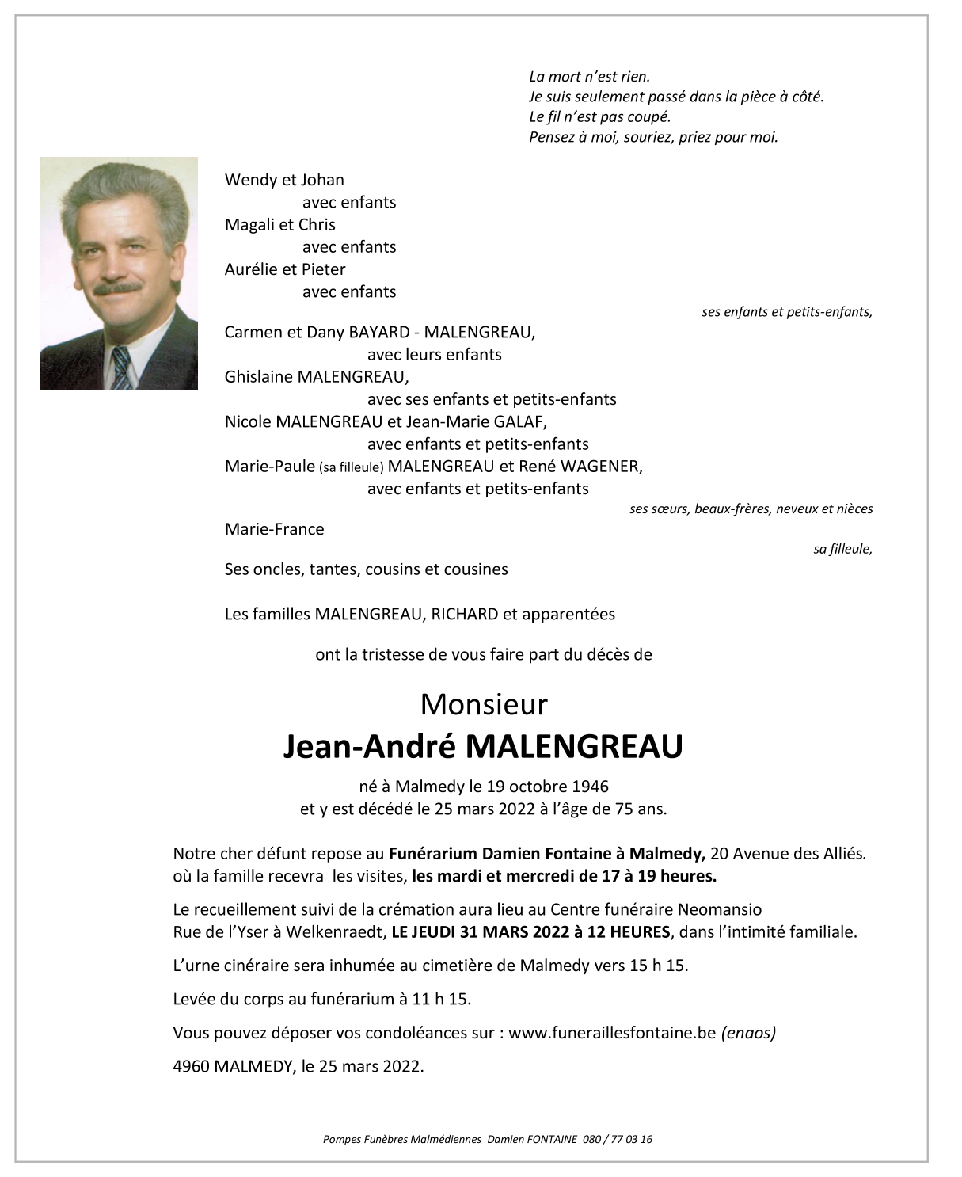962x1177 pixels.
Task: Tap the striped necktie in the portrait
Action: tap(121, 368)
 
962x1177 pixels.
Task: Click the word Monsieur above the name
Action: tap(484, 704)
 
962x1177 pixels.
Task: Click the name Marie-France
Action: tap(274, 529)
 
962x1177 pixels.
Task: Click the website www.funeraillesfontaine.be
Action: tap(612, 1033)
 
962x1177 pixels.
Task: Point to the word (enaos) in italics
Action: tap(748, 1033)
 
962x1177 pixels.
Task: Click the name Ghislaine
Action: tap(258, 377)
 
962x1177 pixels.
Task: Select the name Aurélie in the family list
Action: tap(251, 269)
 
